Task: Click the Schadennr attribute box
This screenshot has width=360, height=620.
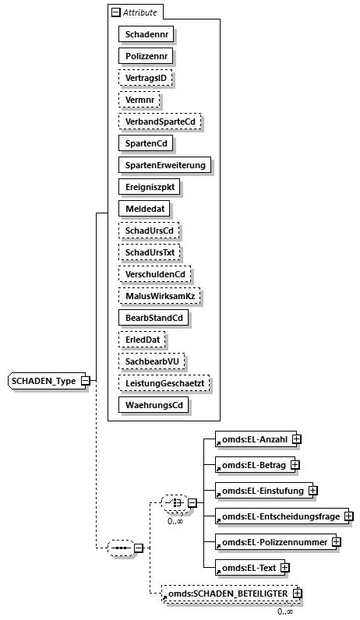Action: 146,34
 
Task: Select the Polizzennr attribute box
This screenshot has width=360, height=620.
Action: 146,56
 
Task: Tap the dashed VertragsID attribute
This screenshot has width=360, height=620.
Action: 146,78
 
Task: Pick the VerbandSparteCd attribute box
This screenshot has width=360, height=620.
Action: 159,122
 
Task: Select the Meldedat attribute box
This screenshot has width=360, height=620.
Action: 143,209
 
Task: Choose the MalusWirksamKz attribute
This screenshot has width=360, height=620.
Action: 159,296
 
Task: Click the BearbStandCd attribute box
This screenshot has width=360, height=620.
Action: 154,318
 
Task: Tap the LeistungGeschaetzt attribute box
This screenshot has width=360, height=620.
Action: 164,383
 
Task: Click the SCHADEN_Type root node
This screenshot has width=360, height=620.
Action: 44,381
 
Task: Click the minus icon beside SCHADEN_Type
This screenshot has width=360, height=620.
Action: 86,381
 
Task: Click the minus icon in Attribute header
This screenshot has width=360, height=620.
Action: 116,12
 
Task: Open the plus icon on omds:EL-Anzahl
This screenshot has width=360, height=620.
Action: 296,440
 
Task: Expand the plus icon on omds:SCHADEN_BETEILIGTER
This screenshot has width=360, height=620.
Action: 296,594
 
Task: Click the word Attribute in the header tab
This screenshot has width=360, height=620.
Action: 139,12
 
